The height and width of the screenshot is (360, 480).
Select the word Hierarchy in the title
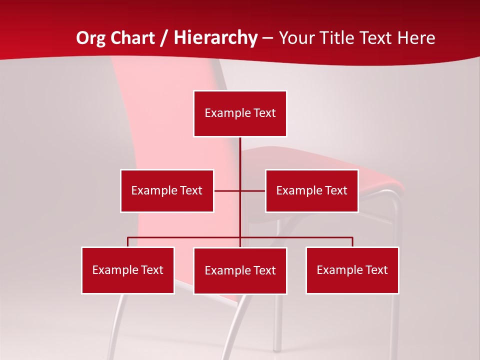[215, 38]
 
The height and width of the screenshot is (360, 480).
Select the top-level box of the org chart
[240, 113]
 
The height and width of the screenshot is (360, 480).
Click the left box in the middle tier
[167, 190]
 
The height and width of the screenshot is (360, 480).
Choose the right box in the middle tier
[311, 190]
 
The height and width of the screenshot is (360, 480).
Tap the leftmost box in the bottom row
[128, 270]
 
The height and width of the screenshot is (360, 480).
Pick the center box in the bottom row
[240, 270]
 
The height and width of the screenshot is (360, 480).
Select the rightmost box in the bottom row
[352, 270]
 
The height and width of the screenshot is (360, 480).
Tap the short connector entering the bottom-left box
[128, 242]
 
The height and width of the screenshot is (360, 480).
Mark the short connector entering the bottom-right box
[352, 242]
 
